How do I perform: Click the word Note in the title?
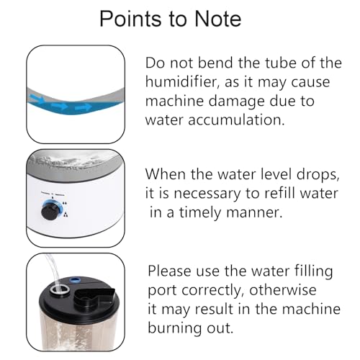click(217, 19)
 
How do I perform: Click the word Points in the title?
click(130, 19)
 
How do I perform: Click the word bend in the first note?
click(215, 63)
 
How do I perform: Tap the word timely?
click(200, 213)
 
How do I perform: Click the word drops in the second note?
click(318, 174)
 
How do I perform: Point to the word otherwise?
click(283, 290)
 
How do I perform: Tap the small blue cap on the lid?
click(75, 279)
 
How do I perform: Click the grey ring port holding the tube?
click(60, 289)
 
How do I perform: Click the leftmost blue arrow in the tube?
click(37, 98)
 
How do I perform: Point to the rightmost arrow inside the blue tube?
click(84, 107)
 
